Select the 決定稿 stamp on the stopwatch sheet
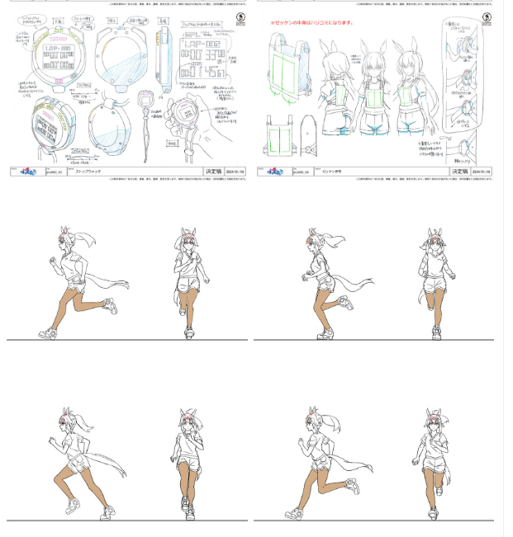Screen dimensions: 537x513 pos(213,172)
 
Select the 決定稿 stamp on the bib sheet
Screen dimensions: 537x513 pos(460,172)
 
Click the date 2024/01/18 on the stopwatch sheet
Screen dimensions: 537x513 pos(235,172)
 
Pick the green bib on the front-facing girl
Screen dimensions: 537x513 pos(370,96)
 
